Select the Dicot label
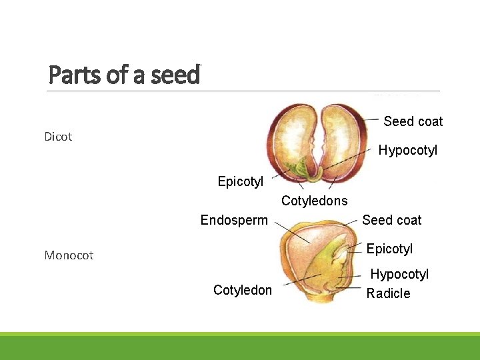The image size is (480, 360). [x=58, y=137]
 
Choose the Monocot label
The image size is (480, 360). [x=69, y=255]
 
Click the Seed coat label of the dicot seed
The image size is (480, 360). [x=413, y=121]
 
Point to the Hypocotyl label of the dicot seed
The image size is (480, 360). [x=407, y=151]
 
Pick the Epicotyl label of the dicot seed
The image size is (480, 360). [x=240, y=181]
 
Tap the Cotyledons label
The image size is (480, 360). [x=314, y=201]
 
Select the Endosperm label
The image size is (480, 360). [x=234, y=220]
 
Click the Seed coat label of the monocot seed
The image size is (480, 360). [x=391, y=220]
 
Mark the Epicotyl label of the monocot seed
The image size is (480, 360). [x=389, y=249]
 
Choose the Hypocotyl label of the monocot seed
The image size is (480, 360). [x=399, y=274]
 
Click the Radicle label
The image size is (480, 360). [x=388, y=293]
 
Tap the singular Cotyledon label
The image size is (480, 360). [x=242, y=290]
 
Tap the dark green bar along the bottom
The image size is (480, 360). [x=240, y=348]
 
